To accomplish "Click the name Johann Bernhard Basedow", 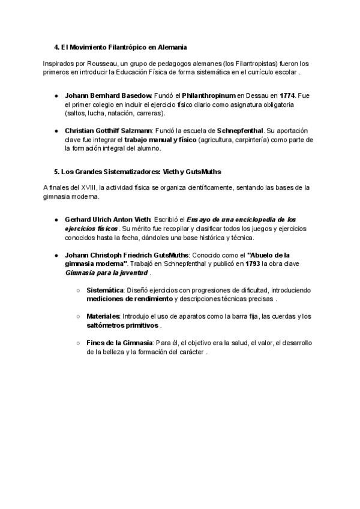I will [x=108, y=95].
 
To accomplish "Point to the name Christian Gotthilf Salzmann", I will [x=109, y=130].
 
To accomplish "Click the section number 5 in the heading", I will [x=55, y=171].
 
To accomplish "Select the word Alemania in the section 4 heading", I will [x=172, y=46].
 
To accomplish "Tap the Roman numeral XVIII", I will [x=80, y=188].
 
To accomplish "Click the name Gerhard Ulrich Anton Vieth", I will [x=109, y=220].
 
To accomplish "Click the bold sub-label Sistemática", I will [x=105, y=290].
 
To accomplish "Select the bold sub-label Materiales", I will [x=103, y=316].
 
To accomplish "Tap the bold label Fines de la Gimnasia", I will [x=119, y=343].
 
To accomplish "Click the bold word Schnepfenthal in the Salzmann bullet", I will [x=240, y=130].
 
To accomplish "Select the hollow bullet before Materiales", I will [x=79, y=316].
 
